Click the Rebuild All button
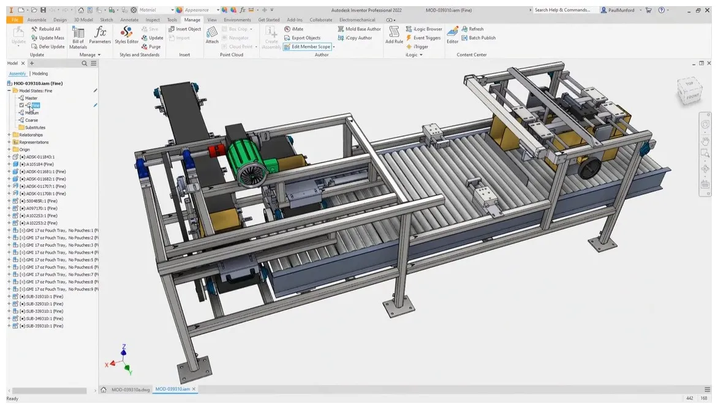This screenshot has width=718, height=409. [49, 29]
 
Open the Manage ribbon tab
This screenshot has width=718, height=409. [192, 20]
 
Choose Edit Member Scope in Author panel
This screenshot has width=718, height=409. [310, 47]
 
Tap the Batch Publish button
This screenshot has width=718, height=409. [482, 38]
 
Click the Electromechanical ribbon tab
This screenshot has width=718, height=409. [357, 20]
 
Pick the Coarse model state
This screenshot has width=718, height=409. [31, 120]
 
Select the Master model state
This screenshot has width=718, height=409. [31, 98]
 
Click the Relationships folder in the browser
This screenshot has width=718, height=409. [31, 135]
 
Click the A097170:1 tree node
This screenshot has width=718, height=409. [40, 208]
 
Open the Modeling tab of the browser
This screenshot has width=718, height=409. [40, 73]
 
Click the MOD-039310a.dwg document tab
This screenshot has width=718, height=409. [130, 389]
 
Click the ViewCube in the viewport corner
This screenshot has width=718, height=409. [689, 91]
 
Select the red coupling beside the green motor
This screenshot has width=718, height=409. [216, 152]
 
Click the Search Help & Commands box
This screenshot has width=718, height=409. [562, 10]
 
